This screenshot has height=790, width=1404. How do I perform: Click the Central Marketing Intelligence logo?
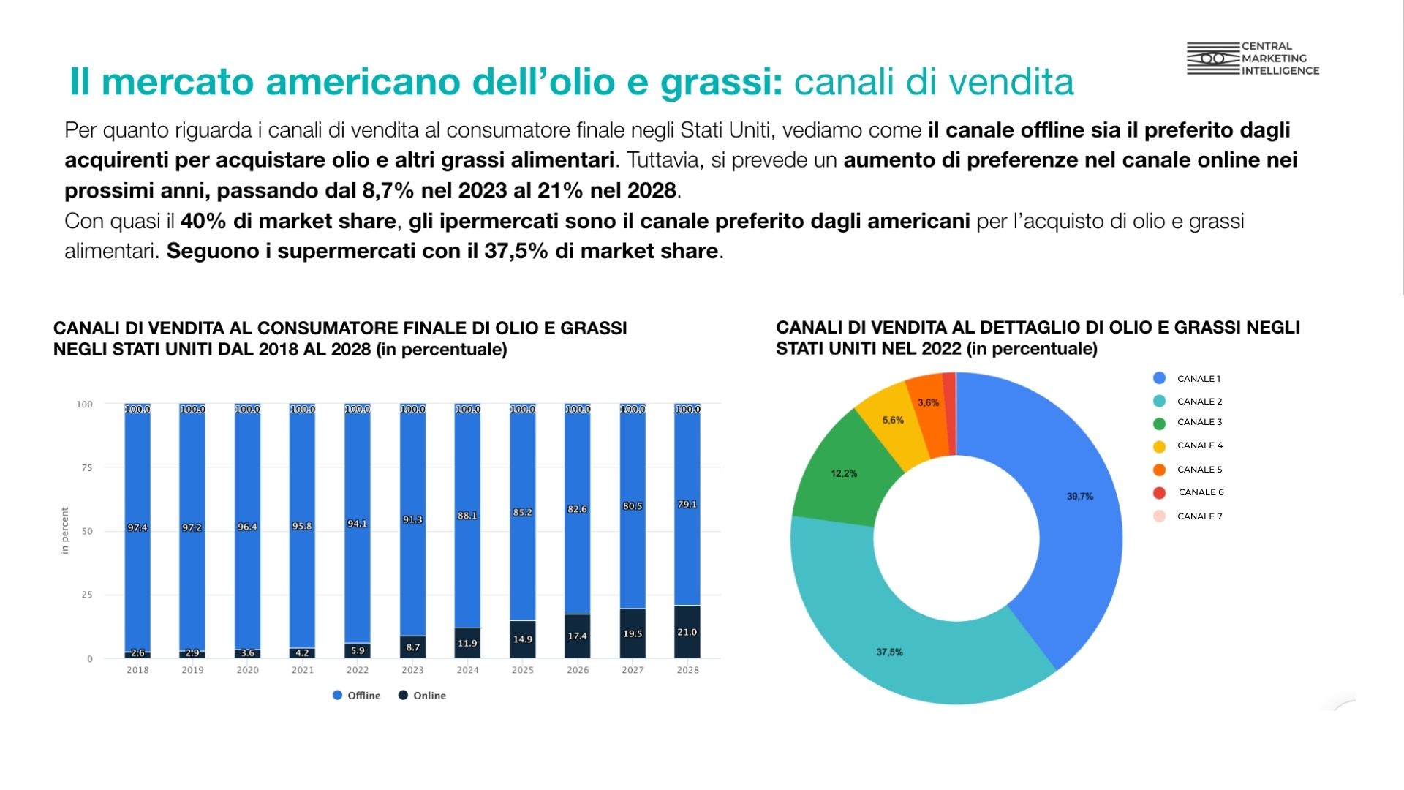coord(1252,59)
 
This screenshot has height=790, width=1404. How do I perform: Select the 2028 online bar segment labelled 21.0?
coord(687,632)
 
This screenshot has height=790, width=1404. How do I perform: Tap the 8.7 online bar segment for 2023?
coord(412,647)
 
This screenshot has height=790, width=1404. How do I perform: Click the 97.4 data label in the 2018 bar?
coord(137,527)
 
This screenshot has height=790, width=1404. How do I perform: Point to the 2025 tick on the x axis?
coord(523,670)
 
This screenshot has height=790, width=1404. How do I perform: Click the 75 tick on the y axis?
coord(87,467)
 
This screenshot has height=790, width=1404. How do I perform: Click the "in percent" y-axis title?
coord(65,531)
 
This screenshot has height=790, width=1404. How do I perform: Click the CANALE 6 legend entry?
coord(1200,492)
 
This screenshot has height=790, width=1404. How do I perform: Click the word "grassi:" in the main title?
coord(721,82)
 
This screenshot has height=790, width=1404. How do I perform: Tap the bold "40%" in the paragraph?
coord(203,221)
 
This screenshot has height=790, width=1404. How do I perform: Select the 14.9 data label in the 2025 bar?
coord(523,639)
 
